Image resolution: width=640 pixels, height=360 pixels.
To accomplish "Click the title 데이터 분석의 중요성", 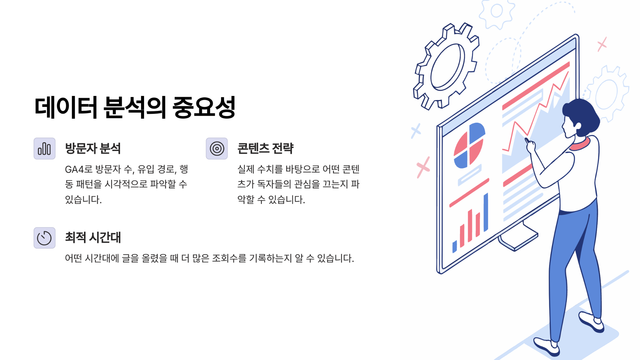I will point(135,107).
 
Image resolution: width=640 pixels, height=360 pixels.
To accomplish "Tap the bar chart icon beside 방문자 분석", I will point(44,149).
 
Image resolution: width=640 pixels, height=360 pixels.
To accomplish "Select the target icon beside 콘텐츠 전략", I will point(217,149).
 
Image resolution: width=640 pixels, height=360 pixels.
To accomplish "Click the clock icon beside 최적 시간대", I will point(44,238).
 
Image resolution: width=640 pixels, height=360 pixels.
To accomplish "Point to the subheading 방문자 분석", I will point(93,148).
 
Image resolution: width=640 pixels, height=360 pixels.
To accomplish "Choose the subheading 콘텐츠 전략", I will point(265,148).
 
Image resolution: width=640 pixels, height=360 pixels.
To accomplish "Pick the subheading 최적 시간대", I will point(93,237).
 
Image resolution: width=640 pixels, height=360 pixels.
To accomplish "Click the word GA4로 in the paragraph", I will point(79,169).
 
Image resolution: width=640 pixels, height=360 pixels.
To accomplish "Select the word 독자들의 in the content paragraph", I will point(274,184).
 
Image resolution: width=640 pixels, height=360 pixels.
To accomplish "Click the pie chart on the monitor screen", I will point(469,146).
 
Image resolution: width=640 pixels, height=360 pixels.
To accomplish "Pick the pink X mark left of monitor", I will point(423,167).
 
